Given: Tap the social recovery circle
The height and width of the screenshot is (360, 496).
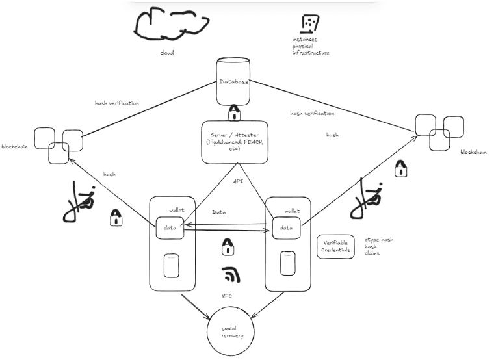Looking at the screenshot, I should pyautogui.click(x=233, y=331).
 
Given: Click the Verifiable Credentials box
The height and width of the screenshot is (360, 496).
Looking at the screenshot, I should pyautogui.click(x=336, y=247).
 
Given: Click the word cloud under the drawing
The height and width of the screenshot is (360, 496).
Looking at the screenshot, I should pyautogui.click(x=167, y=53).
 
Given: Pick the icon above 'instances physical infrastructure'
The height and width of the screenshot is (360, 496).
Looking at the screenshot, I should pyautogui.click(x=309, y=23).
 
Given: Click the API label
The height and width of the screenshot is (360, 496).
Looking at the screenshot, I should pyautogui.click(x=238, y=181).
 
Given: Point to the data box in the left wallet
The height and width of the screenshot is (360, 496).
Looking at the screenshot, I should pyautogui.click(x=170, y=228).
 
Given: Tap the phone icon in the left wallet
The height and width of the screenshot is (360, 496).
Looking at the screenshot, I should pyautogui.click(x=170, y=265).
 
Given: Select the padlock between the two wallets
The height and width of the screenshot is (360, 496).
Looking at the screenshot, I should pyautogui.click(x=228, y=247).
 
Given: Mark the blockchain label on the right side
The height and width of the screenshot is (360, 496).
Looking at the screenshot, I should pyautogui.click(x=473, y=152).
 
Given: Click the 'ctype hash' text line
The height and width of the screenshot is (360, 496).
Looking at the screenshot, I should pyautogui.click(x=378, y=240).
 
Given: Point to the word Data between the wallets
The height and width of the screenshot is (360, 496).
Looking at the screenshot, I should pyautogui.click(x=219, y=212).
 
